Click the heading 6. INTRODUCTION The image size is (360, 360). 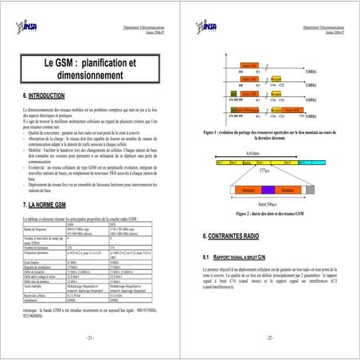pos(49,96)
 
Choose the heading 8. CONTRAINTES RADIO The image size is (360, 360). pos(237,238)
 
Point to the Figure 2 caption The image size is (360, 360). pos(268,215)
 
